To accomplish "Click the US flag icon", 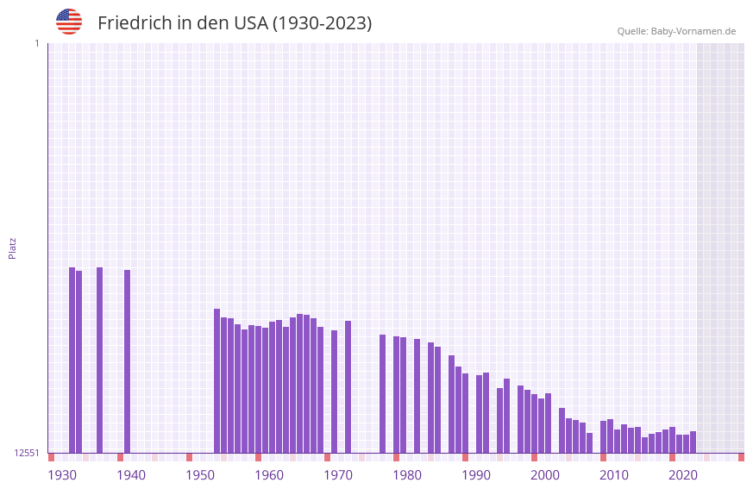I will coord(69,22).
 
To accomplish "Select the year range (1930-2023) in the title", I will coord(322,23).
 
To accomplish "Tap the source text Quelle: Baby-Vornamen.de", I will coord(676,31).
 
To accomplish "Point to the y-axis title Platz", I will coord(12,248).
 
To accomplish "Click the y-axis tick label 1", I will coord(36,43).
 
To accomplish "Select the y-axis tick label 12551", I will coord(27,453).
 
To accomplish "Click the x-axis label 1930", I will coord(62,475).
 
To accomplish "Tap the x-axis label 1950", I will coord(200,475).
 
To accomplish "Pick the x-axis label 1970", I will coord(338,475).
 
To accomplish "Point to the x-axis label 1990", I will coord(476,475).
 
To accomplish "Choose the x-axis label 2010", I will coord(614,475).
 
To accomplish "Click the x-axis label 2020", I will coord(683,475).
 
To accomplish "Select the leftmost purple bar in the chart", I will coord(72,360).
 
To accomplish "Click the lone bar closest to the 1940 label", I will coord(128,361).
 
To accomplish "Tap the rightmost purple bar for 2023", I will coord(693,442).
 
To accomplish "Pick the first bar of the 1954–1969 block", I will coord(217,380).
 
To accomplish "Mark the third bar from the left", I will coord(100,360).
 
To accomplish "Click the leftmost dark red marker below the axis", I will coord(52,457).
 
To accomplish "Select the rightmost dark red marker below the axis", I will coord(741,457).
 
